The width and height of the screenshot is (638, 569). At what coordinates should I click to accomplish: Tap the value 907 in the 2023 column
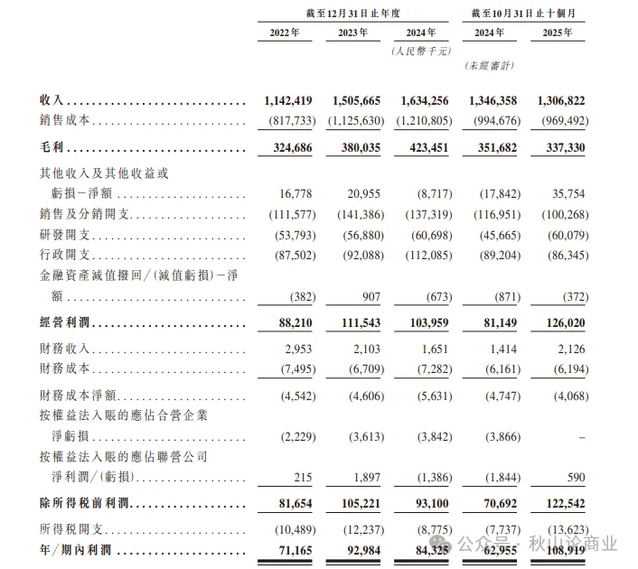coord(369,297)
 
